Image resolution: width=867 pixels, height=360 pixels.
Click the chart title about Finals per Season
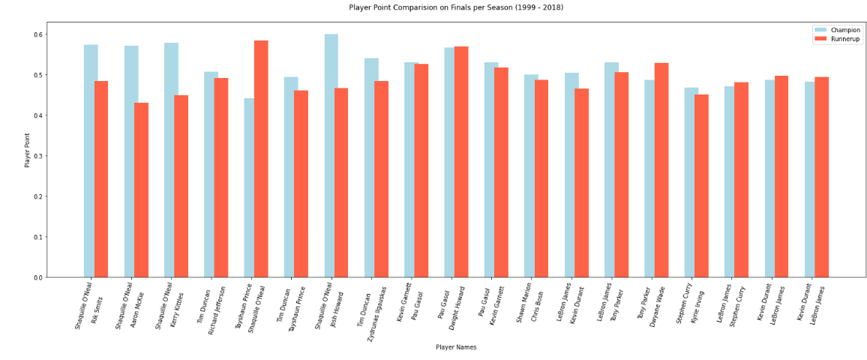(x=456, y=7)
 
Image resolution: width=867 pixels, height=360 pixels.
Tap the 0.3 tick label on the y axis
(x=37, y=156)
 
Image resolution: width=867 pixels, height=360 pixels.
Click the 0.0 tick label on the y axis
(x=37, y=277)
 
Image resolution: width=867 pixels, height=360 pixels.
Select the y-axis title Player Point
(x=28, y=150)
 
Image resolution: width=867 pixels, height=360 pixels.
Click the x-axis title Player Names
(x=456, y=347)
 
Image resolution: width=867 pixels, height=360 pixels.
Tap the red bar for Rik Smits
(x=101, y=179)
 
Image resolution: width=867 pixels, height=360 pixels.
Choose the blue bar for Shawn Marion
(x=530, y=176)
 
